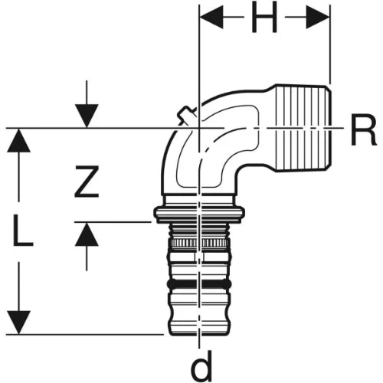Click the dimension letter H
(x=264, y=18)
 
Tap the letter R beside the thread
(x=364, y=130)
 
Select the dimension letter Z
(x=87, y=182)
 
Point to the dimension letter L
(x=23, y=231)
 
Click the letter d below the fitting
(x=201, y=365)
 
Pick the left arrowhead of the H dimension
(x=211, y=18)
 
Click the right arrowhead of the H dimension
(x=318, y=18)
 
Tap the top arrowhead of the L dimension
(x=18, y=140)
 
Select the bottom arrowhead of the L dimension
(x=18, y=322)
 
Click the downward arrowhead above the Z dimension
(x=87, y=116)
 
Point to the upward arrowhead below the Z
(x=87, y=234)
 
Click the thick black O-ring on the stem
(x=199, y=284)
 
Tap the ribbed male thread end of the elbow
(x=303, y=128)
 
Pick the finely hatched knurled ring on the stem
(x=199, y=242)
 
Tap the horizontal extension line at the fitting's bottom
(x=84, y=334)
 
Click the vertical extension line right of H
(x=330, y=44)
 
